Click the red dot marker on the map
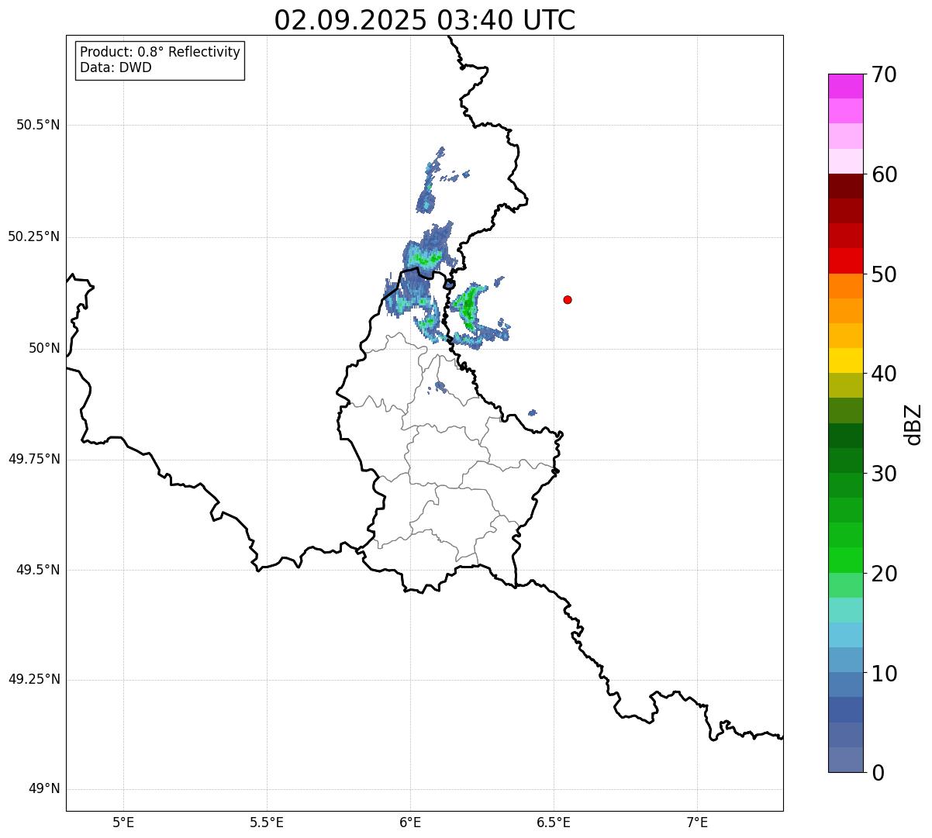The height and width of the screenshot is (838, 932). [x=568, y=299]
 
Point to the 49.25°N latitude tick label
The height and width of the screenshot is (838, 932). [x=34, y=680]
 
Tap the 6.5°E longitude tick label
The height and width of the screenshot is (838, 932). [x=554, y=822]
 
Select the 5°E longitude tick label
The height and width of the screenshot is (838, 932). [x=123, y=822]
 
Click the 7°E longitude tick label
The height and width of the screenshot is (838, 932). [x=697, y=822]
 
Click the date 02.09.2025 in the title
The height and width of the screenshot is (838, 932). [x=350, y=20]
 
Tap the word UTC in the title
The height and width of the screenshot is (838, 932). [x=548, y=20]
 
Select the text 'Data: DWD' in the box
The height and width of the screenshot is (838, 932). [x=116, y=67]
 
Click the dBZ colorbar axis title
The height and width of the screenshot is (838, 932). [x=913, y=424]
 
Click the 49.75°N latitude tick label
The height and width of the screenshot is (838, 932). [x=34, y=459]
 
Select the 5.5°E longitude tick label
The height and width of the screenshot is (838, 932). [x=267, y=822]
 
